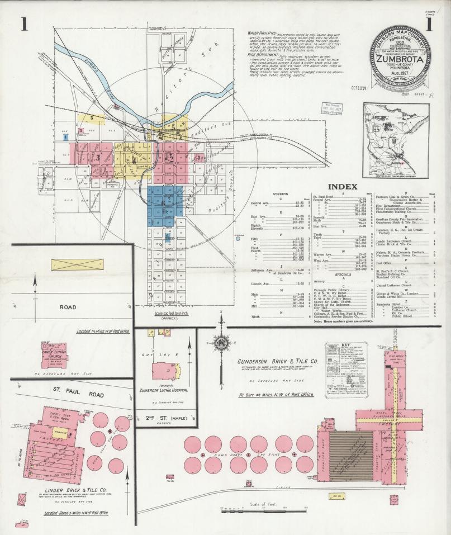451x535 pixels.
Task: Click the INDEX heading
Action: tap(343, 186)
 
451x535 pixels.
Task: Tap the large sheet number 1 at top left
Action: tap(24, 25)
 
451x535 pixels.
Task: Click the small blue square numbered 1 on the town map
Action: tap(65, 136)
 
